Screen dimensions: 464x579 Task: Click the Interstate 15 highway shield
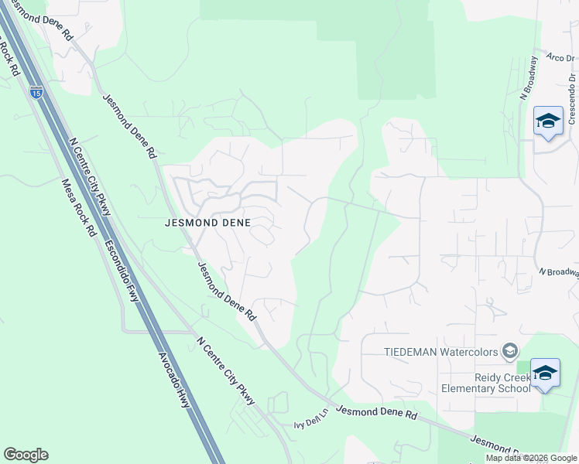click(x=36, y=91)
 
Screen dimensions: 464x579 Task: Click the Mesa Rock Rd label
click(x=78, y=208)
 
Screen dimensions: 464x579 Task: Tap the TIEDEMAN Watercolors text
click(x=441, y=352)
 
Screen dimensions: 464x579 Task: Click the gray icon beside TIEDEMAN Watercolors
click(x=509, y=352)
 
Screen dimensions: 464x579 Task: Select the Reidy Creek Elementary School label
click(x=485, y=381)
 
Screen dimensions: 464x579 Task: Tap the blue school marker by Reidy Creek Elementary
click(x=546, y=374)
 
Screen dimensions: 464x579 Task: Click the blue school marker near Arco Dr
click(x=548, y=121)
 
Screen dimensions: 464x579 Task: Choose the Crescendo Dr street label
click(x=572, y=98)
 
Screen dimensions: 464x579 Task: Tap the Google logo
click(x=26, y=455)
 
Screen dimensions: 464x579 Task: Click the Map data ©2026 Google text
click(x=531, y=458)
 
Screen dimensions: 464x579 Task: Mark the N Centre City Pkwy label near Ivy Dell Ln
click(x=226, y=370)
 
